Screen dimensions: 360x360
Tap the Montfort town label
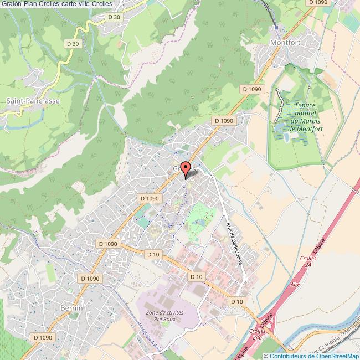(x=284, y=42)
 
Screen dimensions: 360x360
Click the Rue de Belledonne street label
(x=235, y=243)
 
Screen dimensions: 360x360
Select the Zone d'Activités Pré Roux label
(x=164, y=316)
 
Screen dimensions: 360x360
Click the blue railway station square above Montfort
(x=276, y=27)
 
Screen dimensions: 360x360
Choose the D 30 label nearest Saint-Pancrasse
(x=73, y=43)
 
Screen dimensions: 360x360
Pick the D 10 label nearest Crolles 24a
(x=237, y=301)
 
